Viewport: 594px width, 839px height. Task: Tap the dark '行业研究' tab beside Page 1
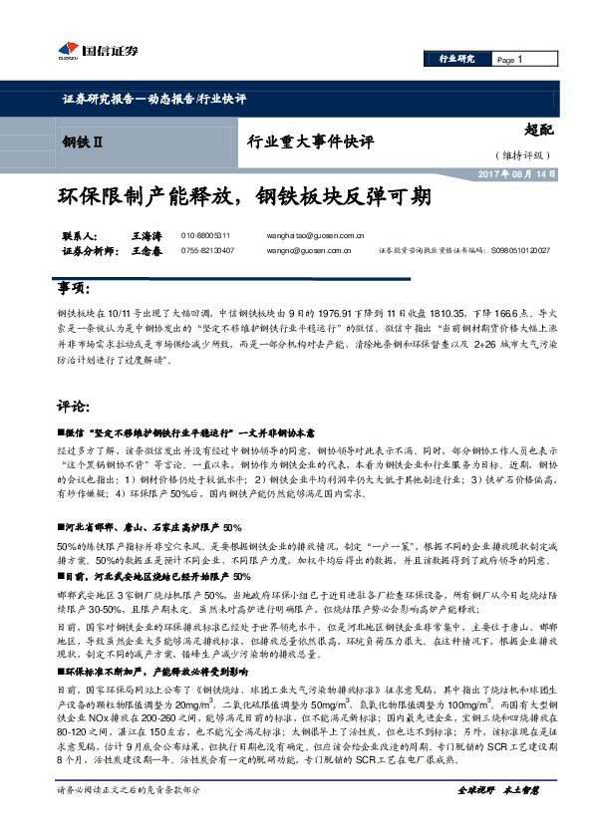point(456,60)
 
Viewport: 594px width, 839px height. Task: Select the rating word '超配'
point(538,129)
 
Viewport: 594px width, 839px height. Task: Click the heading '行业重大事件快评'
point(310,142)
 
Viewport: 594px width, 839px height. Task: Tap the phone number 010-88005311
point(205,235)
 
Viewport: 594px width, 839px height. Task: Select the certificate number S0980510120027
point(519,252)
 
